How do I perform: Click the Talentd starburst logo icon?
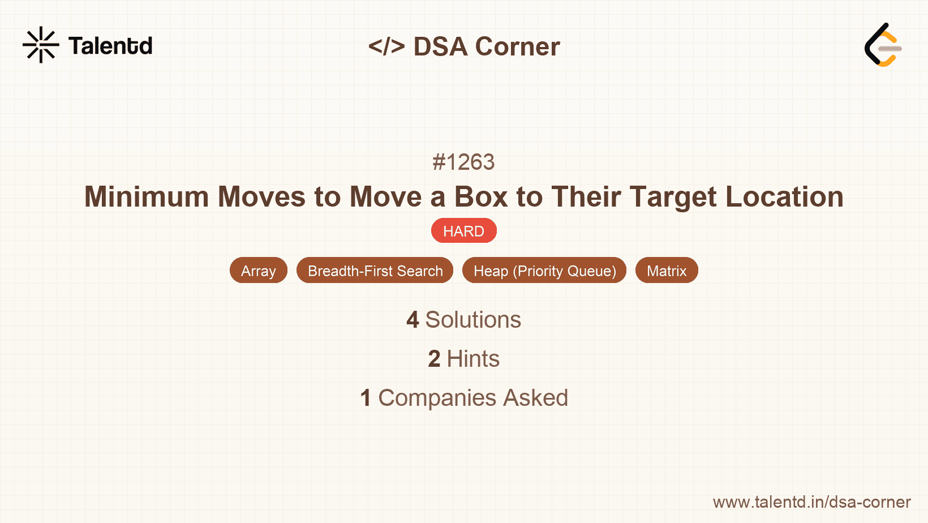coord(41,45)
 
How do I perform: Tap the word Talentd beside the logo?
coord(110,46)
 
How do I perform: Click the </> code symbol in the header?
coord(386,46)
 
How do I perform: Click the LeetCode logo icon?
coord(883,45)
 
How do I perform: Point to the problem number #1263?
coord(463,162)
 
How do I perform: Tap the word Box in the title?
coord(480,197)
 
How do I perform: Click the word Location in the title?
coord(784,197)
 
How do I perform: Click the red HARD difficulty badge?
coord(463,231)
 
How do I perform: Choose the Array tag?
coord(259,271)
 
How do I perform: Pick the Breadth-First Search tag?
coord(375,271)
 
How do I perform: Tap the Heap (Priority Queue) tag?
coord(544,271)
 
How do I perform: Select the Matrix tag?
coord(667,271)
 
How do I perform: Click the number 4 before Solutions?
coord(413,320)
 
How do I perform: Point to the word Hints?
coord(473,359)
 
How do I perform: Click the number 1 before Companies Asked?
coord(366,398)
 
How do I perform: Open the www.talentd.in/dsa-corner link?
coord(811,502)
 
